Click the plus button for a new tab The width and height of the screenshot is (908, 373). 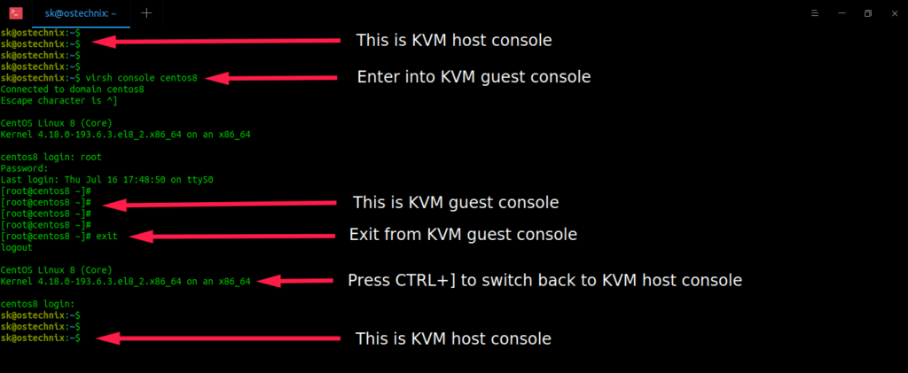(146, 12)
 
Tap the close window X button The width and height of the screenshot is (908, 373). (893, 12)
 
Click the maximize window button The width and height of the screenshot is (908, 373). (867, 12)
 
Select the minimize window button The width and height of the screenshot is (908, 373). (841, 12)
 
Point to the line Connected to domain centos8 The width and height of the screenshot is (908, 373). (73, 89)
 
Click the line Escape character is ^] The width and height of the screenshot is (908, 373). (59, 100)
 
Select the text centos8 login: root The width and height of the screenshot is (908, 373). (51, 157)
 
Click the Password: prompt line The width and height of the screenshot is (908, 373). (24, 168)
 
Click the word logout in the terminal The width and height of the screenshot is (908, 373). (18, 248)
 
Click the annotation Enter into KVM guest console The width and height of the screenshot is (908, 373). (474, 77)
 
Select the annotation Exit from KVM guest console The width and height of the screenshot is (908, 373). (463, 235)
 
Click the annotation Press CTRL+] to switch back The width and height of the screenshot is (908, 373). (544, 280)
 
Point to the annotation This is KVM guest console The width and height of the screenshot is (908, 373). (456, 203)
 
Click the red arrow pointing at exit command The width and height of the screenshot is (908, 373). (231, 236)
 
